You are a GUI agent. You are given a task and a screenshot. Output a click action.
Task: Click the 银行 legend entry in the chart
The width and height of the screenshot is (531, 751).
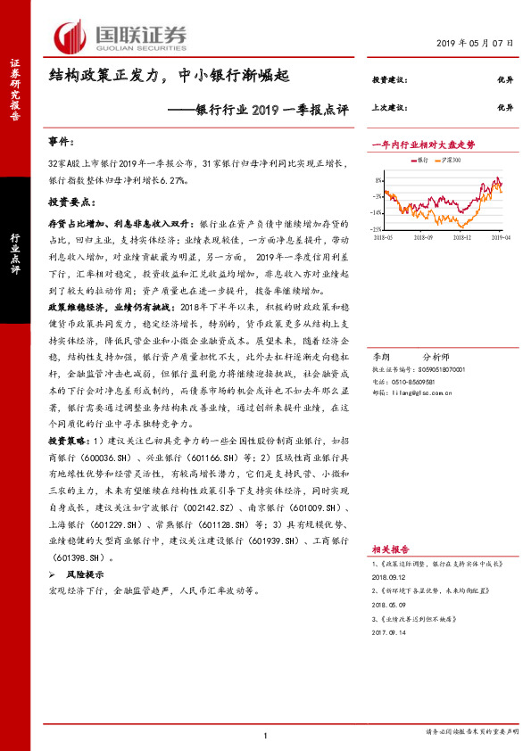click(x=419, y=160)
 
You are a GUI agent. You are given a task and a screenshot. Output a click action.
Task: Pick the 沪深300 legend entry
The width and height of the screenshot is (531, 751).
click(x=453, y=160)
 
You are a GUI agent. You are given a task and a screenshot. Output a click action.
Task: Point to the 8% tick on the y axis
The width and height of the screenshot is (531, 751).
click(x=379, y=179)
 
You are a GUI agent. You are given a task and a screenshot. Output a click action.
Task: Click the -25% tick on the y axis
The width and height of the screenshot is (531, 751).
click(x=378, y=229)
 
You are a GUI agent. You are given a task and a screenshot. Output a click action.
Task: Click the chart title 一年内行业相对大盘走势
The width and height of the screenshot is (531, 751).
click(x=423, y=143)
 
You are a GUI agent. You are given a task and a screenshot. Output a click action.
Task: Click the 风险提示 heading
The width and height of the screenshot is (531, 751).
click(x=83, y=575)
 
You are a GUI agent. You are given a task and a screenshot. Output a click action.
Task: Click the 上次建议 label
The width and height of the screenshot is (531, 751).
click(x=390, y=105)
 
